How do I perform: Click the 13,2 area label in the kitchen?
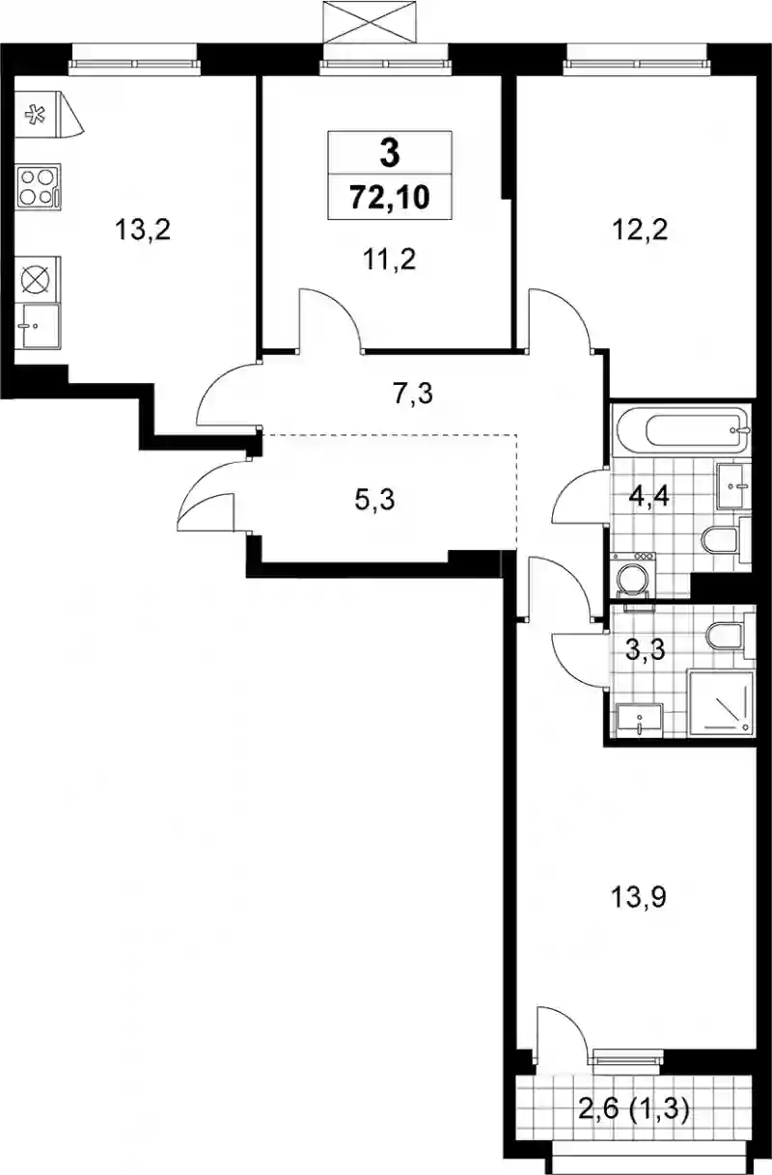tap(143, 231)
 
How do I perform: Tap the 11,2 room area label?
tap(390, 260)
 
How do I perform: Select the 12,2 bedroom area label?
tap(640, 230)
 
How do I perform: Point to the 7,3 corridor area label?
tap(413, 394)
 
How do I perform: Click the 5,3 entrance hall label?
tap(374, 500)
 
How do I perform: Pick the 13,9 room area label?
tap(639, 897)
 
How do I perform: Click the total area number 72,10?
tap(390, 198)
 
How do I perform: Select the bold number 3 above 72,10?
tap(390, 154)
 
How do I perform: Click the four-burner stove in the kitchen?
tap(39, 187)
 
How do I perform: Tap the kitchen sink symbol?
tap(39, 326)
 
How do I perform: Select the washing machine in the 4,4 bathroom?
tap(633, 575)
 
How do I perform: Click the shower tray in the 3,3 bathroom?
tap(721, 703)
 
